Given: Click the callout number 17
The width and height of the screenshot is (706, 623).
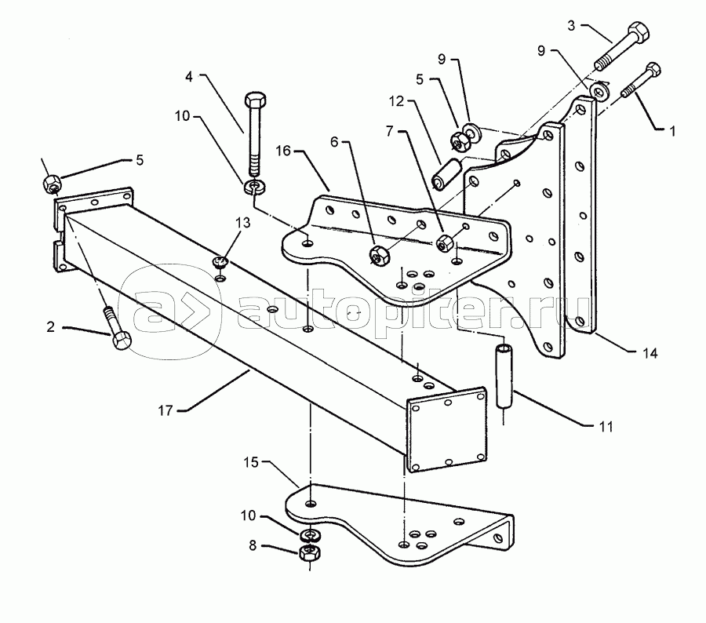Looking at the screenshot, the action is point(166,410).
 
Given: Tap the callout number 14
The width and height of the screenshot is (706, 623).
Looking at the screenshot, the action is point(650,353).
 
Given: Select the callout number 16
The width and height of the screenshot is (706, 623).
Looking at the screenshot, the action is point(283,151).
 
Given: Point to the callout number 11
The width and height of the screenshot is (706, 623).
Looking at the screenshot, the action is point(606,426).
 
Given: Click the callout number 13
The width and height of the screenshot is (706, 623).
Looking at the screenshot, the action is point(242,223).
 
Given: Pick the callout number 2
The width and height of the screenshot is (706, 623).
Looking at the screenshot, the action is point(50,326).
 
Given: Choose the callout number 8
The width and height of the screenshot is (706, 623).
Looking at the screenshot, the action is point(253,545).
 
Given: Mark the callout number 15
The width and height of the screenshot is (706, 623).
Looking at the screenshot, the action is point(251,463).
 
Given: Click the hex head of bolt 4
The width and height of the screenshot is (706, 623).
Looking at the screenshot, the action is point(255,100).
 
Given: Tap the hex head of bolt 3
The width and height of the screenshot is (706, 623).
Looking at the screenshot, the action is point(638,31).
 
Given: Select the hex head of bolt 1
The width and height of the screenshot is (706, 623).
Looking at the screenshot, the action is point(653,70).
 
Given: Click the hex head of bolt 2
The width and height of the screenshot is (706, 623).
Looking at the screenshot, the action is point(121,341).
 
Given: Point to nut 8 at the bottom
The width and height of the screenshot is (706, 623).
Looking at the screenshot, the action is point(309,552).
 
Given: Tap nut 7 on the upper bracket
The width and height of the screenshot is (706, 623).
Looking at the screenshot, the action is point(445,242).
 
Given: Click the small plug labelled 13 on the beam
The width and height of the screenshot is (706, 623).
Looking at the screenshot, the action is point(220,261).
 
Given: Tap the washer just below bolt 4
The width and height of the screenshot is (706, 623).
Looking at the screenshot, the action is point(255,186).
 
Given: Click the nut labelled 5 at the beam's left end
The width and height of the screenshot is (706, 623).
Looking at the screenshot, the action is point(53,184).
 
